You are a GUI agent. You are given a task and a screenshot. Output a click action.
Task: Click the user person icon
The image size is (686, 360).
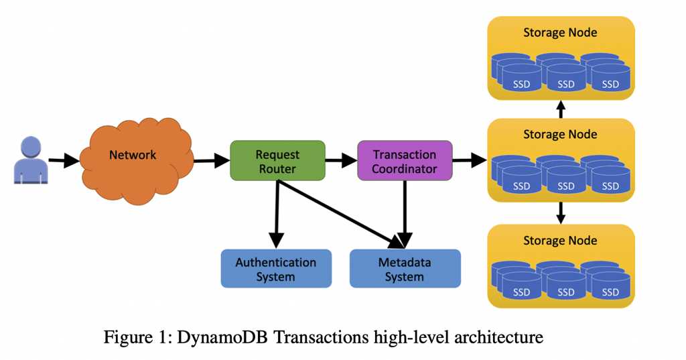point(31,160)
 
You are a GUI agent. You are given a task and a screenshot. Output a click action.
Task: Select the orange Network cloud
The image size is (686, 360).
point(134,161)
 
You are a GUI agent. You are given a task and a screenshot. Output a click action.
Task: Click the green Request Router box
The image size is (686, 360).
point(277,161)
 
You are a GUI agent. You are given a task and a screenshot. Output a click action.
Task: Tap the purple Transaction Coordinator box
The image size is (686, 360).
point(405,161)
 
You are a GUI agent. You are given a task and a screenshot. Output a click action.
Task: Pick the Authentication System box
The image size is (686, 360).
point(276,269)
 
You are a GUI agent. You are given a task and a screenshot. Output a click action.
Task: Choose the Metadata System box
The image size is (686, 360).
point(405,269)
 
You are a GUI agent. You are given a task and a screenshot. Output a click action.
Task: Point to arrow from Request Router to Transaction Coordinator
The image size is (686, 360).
point(341,161)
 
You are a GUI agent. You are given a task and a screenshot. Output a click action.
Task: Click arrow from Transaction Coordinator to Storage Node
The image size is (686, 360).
point(470,161)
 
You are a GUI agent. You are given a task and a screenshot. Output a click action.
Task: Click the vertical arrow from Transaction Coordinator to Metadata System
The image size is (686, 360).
point(405,215)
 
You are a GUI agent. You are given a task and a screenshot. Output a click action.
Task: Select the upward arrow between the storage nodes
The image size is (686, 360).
point(561,109)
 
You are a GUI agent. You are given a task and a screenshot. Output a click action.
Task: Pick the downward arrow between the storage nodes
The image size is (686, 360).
point(561,213)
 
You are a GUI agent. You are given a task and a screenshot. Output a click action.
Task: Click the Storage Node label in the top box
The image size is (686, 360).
point(560,32)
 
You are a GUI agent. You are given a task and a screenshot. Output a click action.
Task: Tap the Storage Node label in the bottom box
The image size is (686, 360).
point(560,240)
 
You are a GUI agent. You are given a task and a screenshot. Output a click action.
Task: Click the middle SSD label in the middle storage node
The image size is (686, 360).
point(566,187)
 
